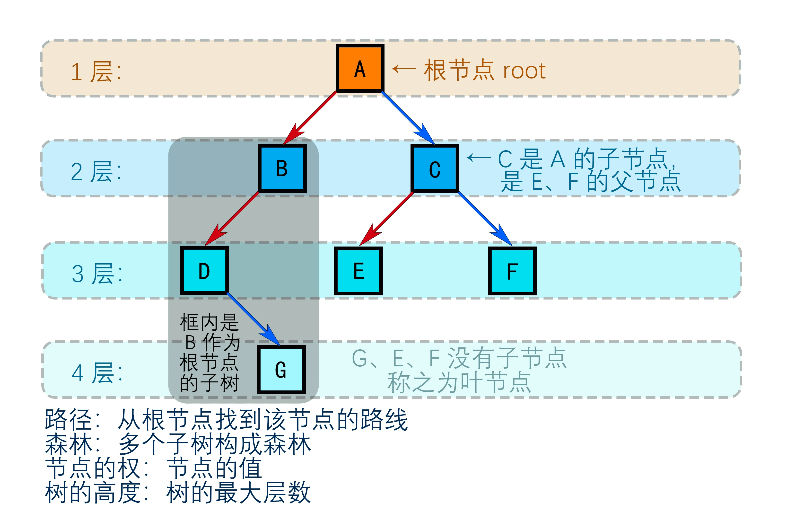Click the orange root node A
pos(360,68)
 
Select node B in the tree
pos(282,168)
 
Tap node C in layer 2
pos(435,168)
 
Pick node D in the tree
pos(204,271)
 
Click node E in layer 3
pos(358,271)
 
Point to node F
pos(512,271)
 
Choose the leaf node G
pos(281,370)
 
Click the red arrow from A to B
pos(311,117)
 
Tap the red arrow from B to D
pos(233,218)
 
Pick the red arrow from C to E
pos(387,218)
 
